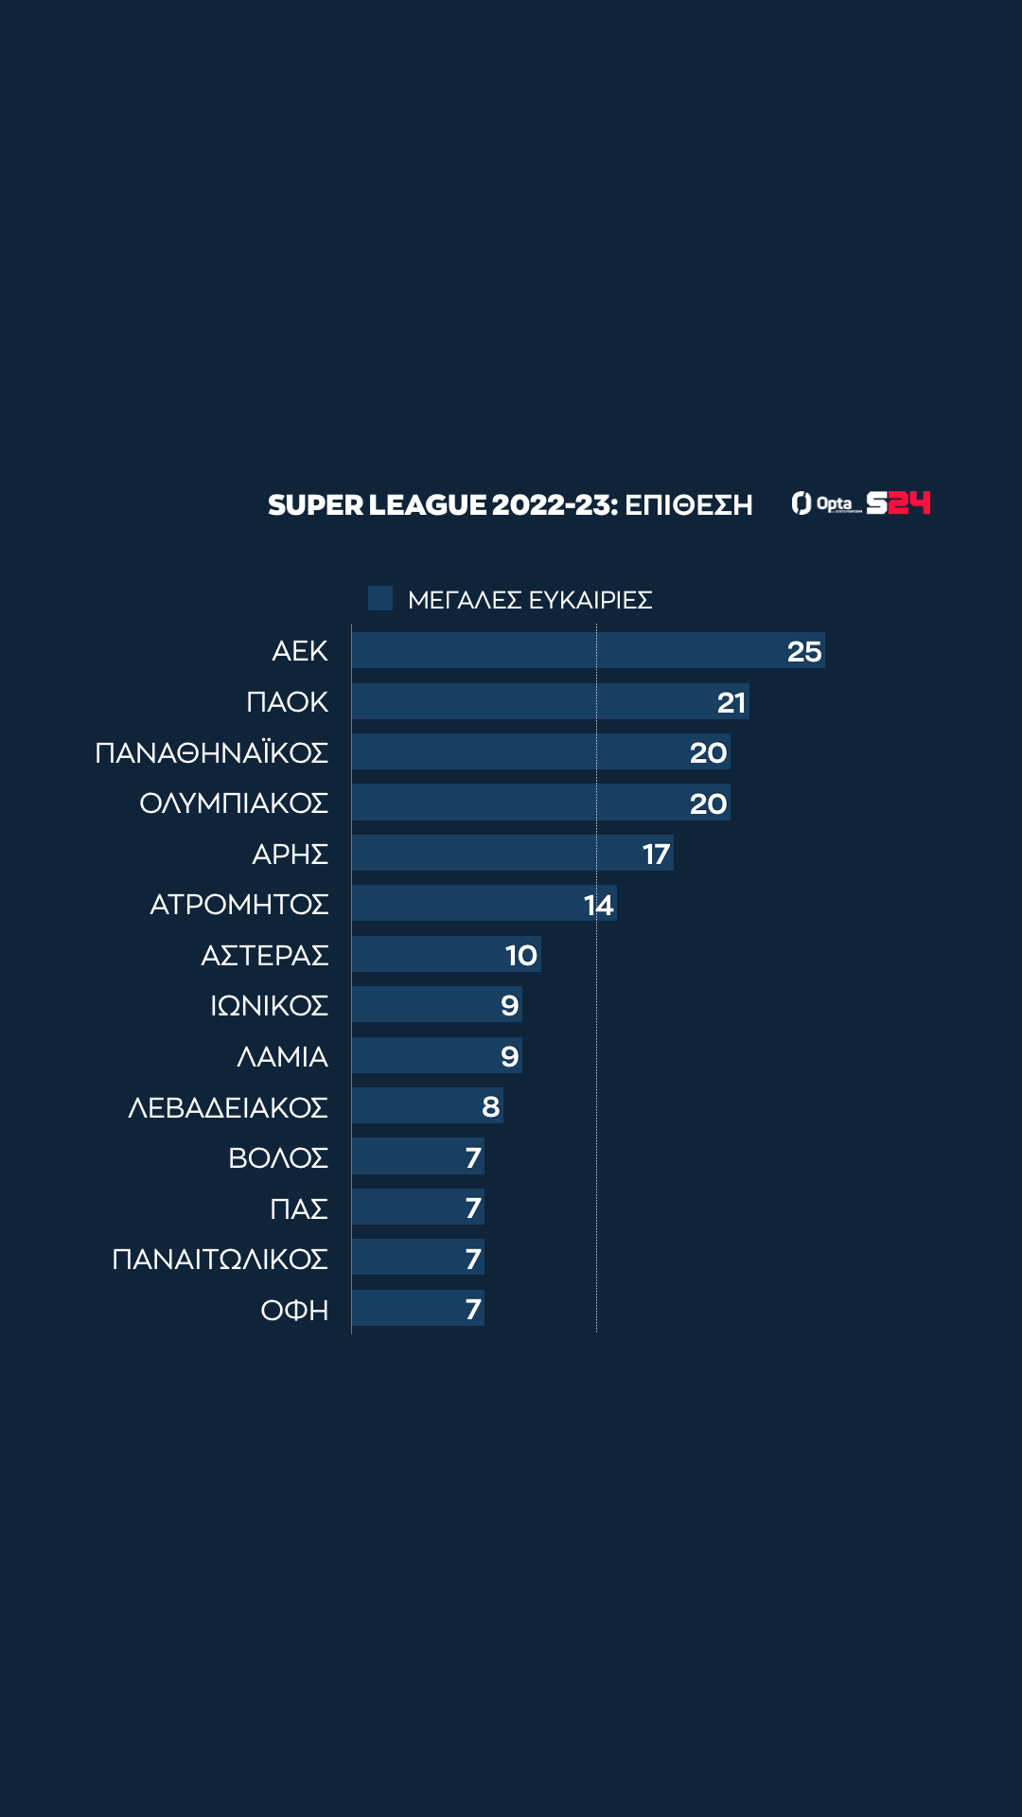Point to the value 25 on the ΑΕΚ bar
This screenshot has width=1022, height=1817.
point(804,651)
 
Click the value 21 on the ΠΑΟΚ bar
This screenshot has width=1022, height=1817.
point(731,702)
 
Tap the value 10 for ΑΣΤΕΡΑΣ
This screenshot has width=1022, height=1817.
point(521,955)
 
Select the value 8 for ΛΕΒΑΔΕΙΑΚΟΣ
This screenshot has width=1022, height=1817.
point(490,1106)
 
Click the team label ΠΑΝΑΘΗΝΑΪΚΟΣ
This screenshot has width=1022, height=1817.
point(212,752)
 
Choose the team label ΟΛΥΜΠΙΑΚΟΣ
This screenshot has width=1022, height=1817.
point(234,803)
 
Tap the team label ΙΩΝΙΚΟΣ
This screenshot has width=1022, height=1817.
point(269,1005)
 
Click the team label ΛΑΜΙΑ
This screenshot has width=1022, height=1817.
point(282,1056)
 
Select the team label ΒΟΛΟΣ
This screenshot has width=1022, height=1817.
point(278,1157)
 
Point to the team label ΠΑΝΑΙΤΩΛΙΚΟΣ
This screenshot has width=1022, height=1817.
point(220,1259)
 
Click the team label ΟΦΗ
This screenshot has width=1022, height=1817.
point(294,1310)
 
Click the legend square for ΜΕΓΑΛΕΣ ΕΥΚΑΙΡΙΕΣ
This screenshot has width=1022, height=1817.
point(380,598)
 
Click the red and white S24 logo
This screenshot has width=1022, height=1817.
point(899,503)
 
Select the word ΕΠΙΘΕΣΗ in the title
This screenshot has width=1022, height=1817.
point(689,504)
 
